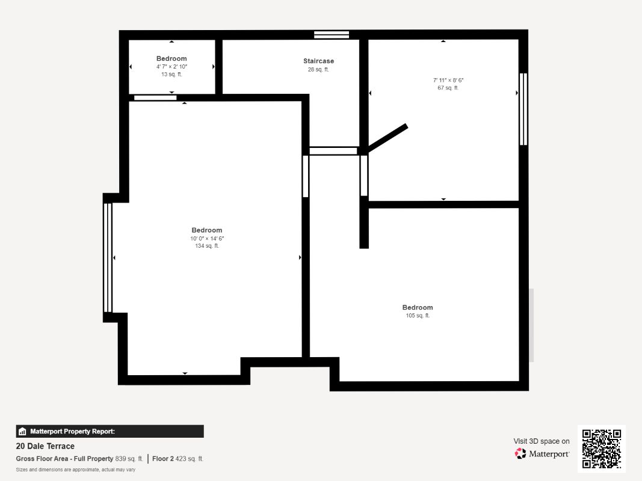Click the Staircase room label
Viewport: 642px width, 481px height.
tap(318, 61)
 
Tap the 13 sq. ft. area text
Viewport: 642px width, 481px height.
tap(171, 75)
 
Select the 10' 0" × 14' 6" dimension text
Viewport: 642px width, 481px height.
tap(207, 239)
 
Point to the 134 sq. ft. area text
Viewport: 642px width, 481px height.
tap(207, 246)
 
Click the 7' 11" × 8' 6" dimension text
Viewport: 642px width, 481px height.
tap(448, 80)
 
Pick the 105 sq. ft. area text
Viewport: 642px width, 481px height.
tap(418, 315)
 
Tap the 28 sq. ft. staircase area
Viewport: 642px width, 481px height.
tap(318, 70)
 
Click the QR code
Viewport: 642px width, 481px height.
tap(602, 449)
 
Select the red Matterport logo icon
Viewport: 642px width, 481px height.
tap(520, 453)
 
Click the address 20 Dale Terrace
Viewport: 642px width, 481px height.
tap(45, 446)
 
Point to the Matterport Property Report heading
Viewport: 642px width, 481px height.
tap(72, 432)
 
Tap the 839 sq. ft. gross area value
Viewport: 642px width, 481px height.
tap(129, 459)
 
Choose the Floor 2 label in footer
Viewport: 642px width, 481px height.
tap(163, 459)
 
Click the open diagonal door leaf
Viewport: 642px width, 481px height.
tap(387, 138)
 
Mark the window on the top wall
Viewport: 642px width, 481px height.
tap(332, 35)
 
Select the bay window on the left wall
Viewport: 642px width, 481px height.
tap(108, 258)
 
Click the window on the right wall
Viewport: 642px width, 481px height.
tap(523, 109)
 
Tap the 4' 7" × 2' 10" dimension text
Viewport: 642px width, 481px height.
tap(171, 67)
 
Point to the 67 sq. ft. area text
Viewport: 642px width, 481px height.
tap(448, 88)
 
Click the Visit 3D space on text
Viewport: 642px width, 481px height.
tap(542, 441)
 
